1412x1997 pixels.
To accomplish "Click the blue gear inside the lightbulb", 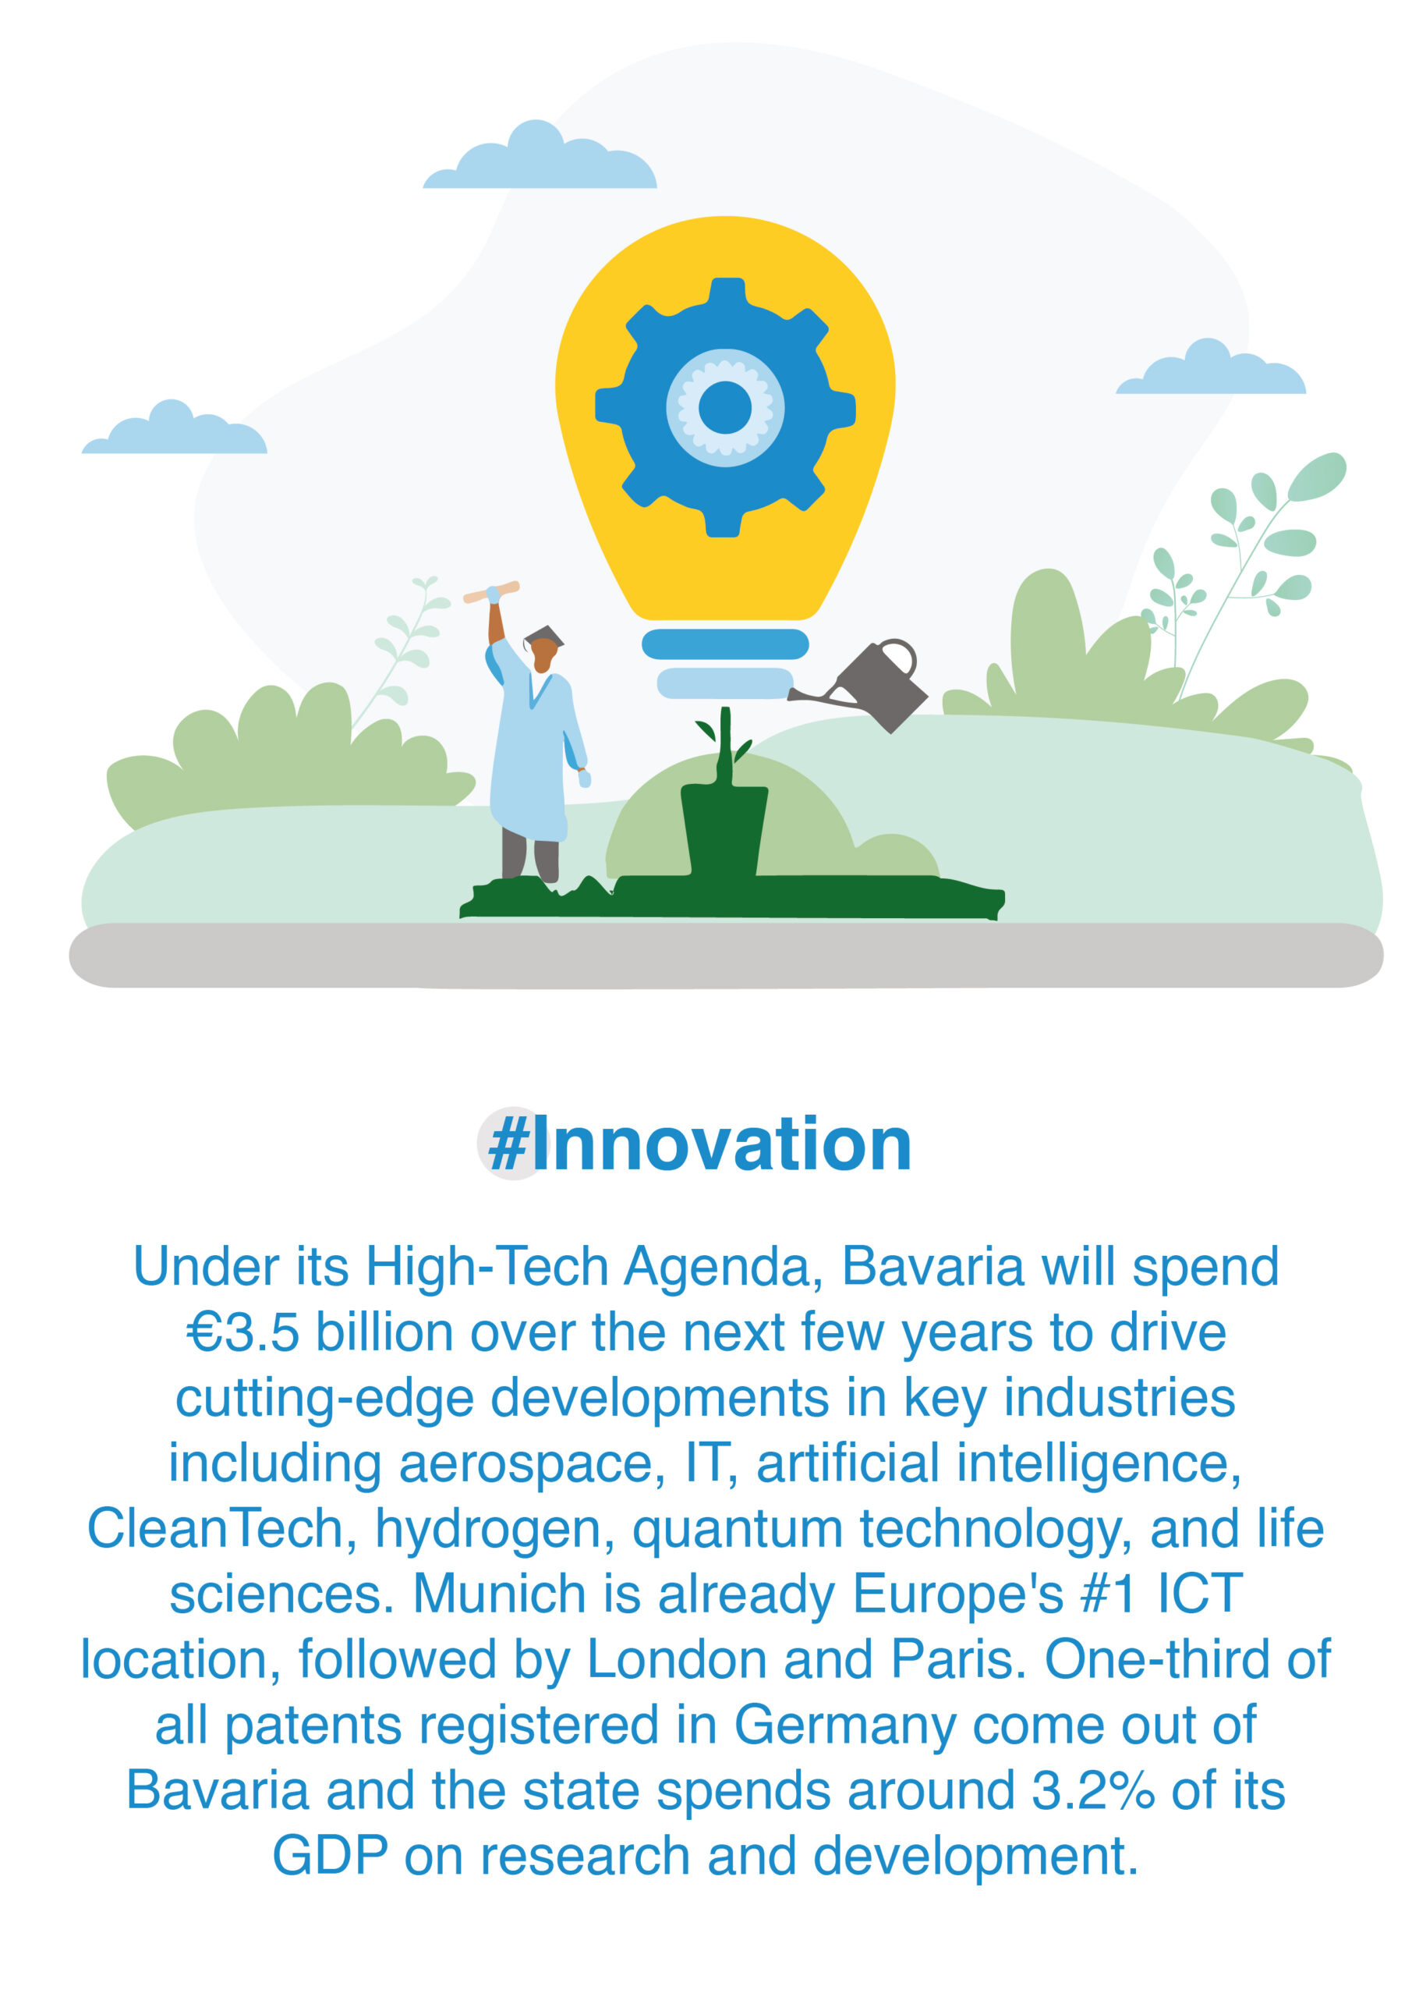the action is (x=725, y=407).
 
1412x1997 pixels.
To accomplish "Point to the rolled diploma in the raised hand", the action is (x=491, y=592).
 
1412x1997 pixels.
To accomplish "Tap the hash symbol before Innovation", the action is (x=508, y=1144).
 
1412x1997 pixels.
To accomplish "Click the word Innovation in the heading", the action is (x=722, y=1144).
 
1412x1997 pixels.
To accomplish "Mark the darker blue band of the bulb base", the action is (x=725, y=644).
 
